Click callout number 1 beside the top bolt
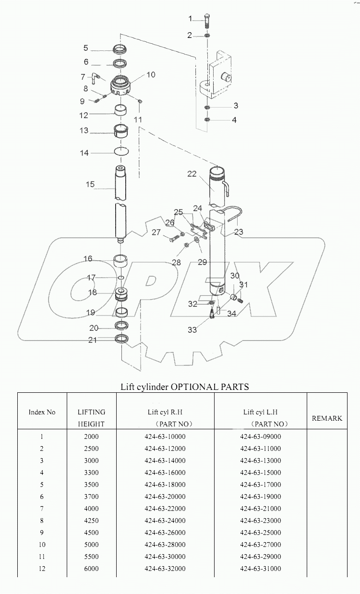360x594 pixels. (x=190, y=19)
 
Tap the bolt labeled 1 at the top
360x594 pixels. (x=206, y=20)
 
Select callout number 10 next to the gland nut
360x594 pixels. (x=151, y=74)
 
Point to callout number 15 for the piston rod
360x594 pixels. (x=90, y=184)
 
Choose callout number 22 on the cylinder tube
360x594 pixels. (x=192, y=174)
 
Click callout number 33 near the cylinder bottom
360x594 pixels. (x=192, y=330)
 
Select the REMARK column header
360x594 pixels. (x=327, y=418)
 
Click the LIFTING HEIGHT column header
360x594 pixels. (x=91, y=418)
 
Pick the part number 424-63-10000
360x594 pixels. (x=165, y=436)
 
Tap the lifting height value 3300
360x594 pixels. (x=91, y=473)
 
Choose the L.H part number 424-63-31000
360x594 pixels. (x=260, y=569)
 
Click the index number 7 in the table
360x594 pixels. (x=42, y=509)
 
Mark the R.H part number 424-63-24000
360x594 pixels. (x=165, y=521)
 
